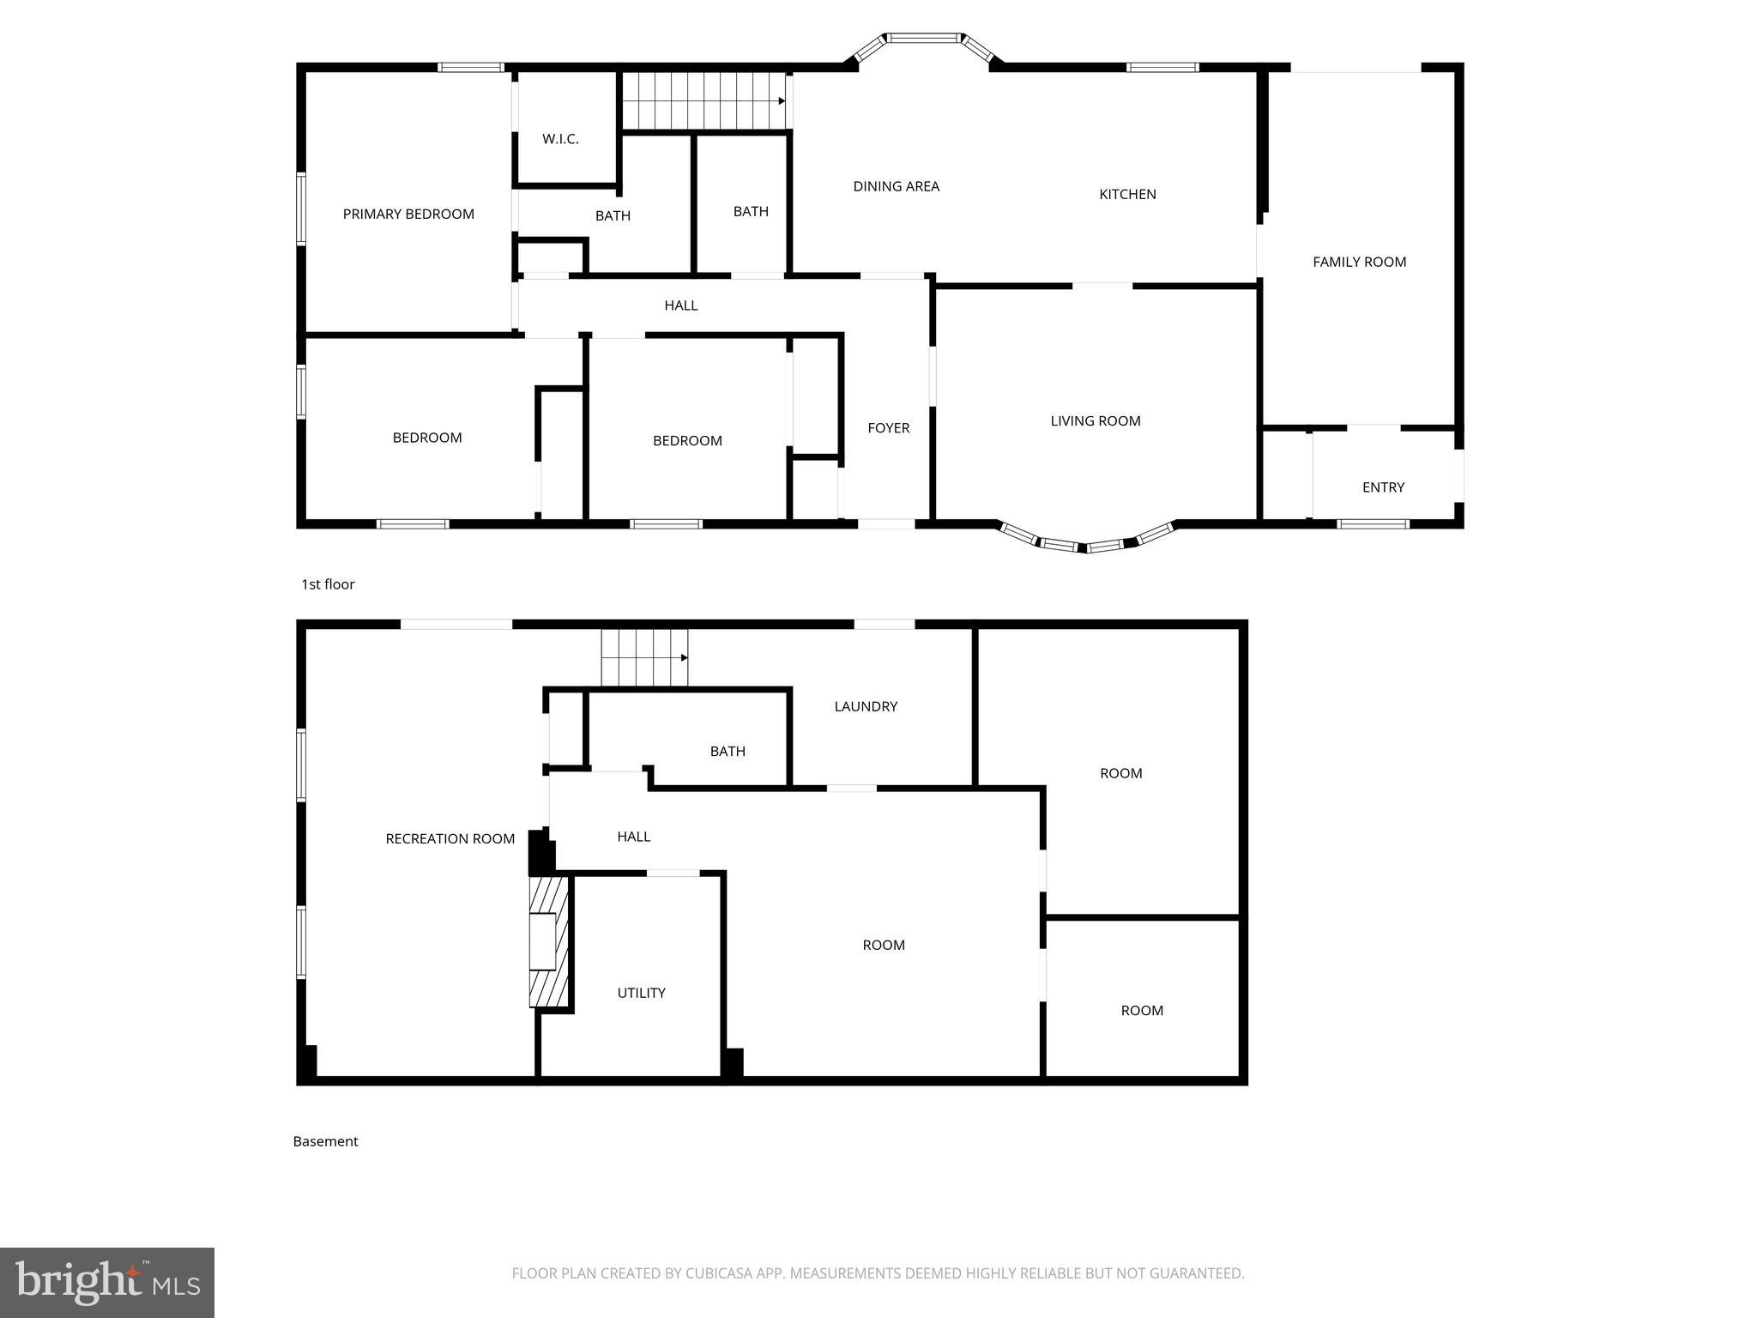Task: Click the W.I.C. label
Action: pos(560,139)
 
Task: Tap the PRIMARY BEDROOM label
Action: pos(408,215)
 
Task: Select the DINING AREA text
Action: pos(896,186)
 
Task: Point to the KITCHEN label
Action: pos(1127,195)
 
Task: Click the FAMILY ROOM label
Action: pos(1359,263)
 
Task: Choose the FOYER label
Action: pos(888,428)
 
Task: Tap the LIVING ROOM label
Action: pos(1095,421)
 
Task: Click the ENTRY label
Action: pos(1383,487)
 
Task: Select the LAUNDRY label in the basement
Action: pos(866,707)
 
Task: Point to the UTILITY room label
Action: pos(641,994)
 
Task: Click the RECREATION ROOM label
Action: pos(450,839)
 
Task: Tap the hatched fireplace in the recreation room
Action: pos(547,940)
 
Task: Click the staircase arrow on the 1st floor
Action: pos(781,101)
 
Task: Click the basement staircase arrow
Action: pos(684,658)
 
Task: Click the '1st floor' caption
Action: pos(328,584)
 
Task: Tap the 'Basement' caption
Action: pos(325,1141)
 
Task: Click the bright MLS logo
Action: pos(107,1282)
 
